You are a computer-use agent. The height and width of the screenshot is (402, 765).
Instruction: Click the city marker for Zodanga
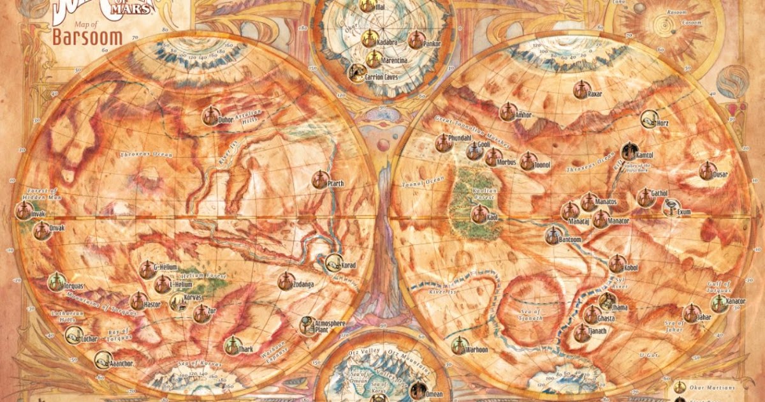[285, 281]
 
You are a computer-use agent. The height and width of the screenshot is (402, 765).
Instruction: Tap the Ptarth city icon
[320, 180]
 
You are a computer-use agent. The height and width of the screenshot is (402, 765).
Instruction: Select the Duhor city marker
[210, 116]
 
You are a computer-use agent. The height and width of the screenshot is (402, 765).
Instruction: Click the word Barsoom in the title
[88, 36]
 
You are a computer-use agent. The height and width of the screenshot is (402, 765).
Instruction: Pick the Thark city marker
[232, 346]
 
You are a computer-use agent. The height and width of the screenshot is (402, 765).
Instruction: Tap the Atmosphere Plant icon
[307, 325]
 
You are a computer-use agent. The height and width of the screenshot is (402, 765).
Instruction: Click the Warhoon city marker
[459, 346]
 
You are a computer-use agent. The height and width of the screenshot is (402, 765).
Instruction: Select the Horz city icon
[650, 119]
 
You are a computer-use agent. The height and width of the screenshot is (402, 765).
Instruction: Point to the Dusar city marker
[706, 171]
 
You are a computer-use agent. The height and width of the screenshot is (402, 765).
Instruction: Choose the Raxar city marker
[580, 90]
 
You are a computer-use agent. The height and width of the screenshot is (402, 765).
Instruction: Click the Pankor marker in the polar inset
[416, 41]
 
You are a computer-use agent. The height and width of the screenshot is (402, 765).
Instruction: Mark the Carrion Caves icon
[357, 72]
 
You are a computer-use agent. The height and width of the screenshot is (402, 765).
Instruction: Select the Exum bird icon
[670, 207]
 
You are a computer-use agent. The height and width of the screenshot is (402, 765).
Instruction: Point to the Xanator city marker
[720, 304]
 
